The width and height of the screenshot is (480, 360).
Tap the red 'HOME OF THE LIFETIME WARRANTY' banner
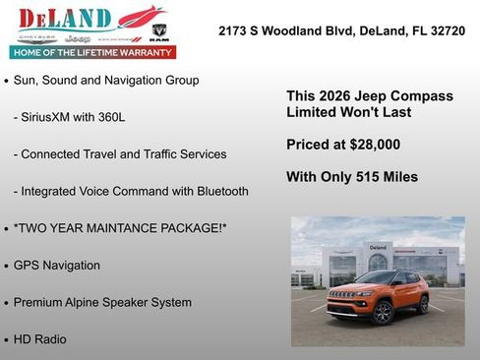click(92, 51)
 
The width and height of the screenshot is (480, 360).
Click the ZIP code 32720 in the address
click(445, 31)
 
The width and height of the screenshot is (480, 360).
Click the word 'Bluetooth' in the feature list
click(221, 191)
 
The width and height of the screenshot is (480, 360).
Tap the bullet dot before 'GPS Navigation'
click(7, 267)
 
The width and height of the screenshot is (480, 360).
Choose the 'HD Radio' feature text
click(40, 339)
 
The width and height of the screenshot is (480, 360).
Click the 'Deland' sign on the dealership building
click(378, 247)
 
